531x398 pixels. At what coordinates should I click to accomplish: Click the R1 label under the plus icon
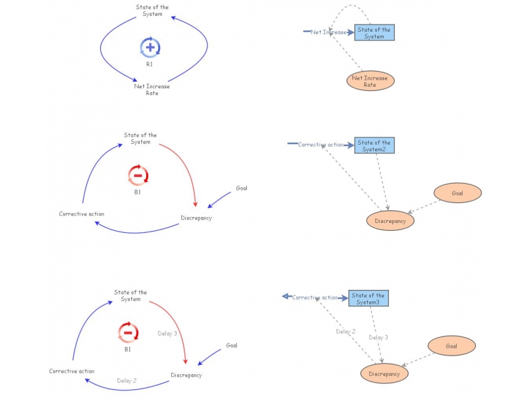(x=150, y=64)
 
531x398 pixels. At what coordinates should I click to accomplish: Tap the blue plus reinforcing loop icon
(x=150, y=47)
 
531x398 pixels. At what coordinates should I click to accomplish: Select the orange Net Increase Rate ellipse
(x=370, y=81)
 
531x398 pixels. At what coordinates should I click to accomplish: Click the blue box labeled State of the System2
(x=374, y=145)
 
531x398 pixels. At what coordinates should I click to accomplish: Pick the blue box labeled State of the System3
(x=368, y=298)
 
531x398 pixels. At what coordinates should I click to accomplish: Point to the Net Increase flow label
(x=328, y=32)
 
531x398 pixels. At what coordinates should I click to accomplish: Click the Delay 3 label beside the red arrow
(x=167, y=334)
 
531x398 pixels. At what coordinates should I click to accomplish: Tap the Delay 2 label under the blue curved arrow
(x=127, y=381)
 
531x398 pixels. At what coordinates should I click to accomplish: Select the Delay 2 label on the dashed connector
(x=345, y=331)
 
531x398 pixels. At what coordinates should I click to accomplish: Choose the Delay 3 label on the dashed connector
(x=378, y=337)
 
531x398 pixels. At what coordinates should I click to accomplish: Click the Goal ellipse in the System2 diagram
(x=457, y=193)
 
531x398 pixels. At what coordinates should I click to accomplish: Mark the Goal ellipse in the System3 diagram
(x=451, y=346)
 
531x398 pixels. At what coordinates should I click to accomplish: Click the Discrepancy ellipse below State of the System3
(x=384, y=373)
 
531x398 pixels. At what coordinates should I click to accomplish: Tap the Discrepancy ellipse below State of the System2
(x=390, y=220)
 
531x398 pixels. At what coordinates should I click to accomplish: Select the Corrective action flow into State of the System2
(x=321, y=145)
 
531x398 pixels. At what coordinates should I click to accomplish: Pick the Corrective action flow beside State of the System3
(x=316, y=298)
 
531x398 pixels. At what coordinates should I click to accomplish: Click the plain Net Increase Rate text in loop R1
(x=152, y=90)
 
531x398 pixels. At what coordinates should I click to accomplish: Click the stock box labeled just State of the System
(x=374, y=33)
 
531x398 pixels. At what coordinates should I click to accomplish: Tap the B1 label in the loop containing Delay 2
(x=127, y=349)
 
